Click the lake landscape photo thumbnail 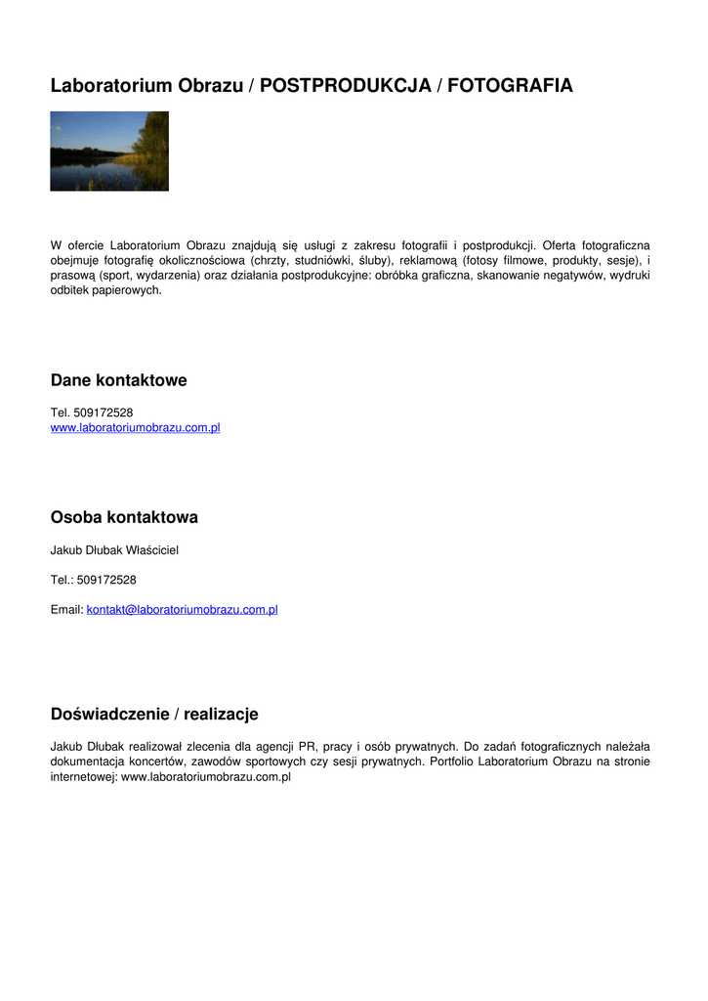click(109, 151)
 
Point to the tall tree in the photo click(153, 137)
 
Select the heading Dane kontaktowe click(118, 380)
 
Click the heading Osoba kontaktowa click(124, 517)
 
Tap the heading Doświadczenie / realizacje click(154, 715)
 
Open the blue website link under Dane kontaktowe click(135, 428)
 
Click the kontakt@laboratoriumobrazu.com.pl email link click(183, 610)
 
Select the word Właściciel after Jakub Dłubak click(152, 550)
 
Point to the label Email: click(66, 610)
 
